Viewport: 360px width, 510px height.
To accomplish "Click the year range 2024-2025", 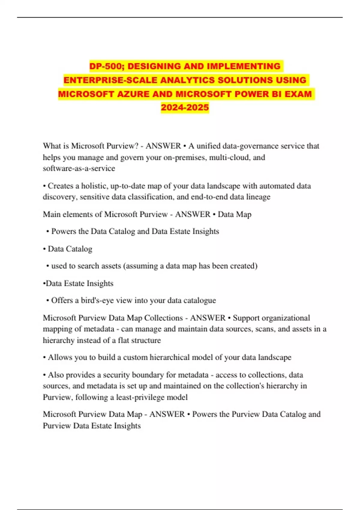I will [x=185, y=107].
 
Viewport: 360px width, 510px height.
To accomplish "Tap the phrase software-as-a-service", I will [x=79, y=169].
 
